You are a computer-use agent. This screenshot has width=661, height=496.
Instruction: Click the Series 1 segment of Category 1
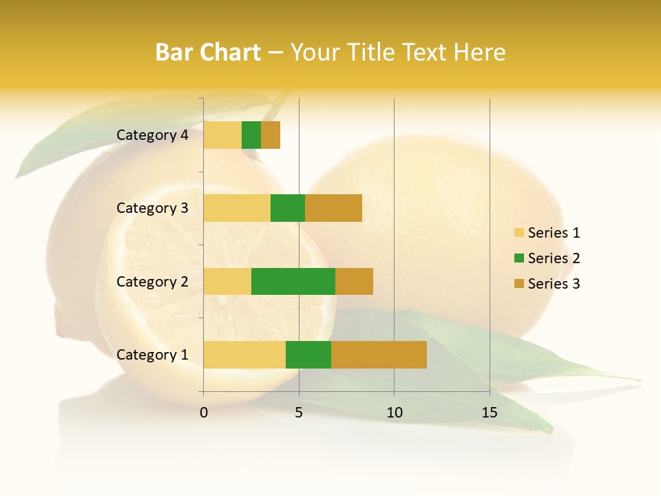click(244, 355)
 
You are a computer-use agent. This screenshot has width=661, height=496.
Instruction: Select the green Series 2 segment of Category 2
click(293, 281)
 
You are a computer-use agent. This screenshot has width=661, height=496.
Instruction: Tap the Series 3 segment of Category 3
click(333, 208)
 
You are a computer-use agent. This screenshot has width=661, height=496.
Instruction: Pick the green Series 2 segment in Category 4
click(251, 135)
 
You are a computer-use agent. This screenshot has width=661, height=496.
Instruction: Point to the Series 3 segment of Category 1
click(379, 355)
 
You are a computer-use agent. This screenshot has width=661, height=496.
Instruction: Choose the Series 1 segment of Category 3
click(237, 208)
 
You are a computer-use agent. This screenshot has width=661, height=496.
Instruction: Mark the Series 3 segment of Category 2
click(354, 281)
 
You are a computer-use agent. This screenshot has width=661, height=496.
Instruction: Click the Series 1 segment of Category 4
click(222, 135)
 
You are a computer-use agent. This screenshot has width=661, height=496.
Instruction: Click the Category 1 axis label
click(152, 355)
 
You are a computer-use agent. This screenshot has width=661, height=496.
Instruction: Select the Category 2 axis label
click(152, 281)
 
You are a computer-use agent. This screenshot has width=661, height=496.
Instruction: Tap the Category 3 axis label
click(152, 208)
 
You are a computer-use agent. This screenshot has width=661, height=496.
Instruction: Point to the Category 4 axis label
click(152, 135)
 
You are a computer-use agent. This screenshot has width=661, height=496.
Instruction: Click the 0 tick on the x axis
click(204, 413)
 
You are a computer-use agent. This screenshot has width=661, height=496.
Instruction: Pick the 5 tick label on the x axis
click(299, 413)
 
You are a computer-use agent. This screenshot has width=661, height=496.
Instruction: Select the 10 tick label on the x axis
click(394, 413)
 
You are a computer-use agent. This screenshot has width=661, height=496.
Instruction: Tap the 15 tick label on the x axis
click(490, 413)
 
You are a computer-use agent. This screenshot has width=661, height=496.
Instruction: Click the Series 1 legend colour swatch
click(518, 233)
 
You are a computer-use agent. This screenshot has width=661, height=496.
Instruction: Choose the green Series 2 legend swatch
click(518, 258)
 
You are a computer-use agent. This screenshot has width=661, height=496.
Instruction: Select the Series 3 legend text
click(554, 284)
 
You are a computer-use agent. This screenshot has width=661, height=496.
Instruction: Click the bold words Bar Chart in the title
click(208, 52)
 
